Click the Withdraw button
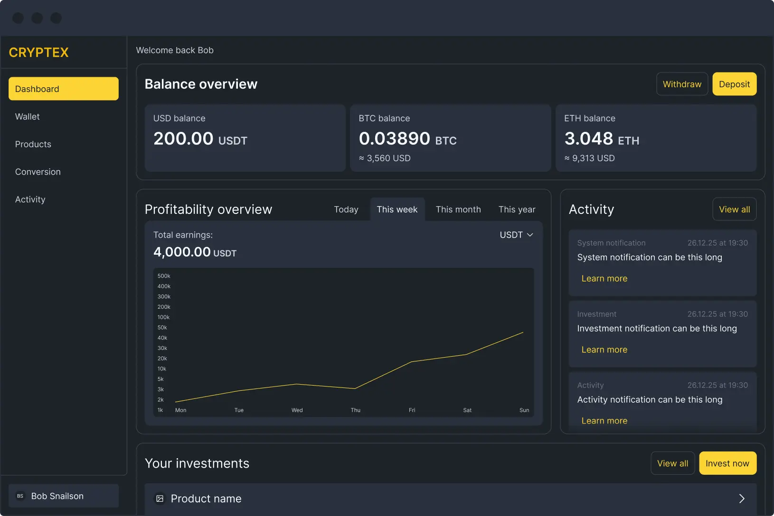[682, 84]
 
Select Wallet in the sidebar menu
[28, 117]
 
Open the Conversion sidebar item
[38, 172]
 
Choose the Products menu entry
[33, 144]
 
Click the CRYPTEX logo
[39, 52]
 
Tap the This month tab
[458, 209]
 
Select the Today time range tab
[346, 209]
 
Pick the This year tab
[517, 209]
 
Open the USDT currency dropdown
[516, 235]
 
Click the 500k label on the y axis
[164, 276]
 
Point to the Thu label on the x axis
[356, 410]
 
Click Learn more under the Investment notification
[604, 350]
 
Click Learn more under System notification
[604, 278]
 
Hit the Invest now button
[727, 463]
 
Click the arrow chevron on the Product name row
[742, 498]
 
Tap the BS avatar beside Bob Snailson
[20, 496]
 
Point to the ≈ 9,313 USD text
[589, 158]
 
